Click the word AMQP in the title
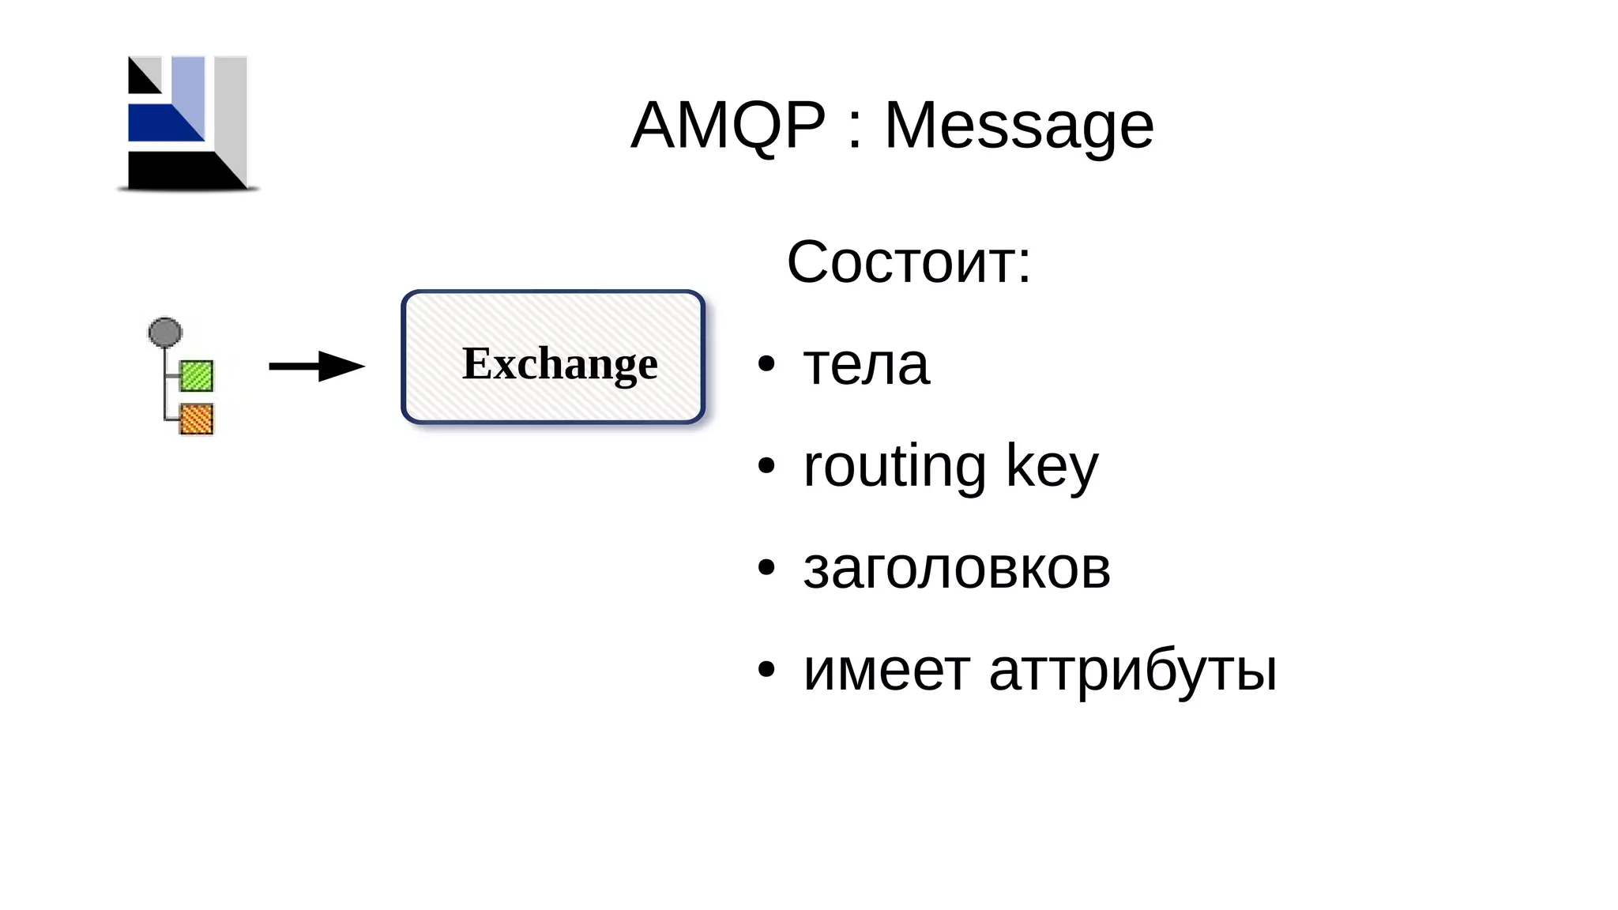point(728,125)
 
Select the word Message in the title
point(1018,126)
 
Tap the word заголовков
point(957,569)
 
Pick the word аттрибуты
point(1133,671)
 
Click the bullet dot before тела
point(766,364)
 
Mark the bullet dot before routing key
point(766,466)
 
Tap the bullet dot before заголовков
point(766,568)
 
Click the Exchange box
point(553,357)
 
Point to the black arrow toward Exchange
point(316,366)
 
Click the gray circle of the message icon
point(165,333)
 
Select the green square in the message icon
point(197,376)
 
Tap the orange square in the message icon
point(197,419)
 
